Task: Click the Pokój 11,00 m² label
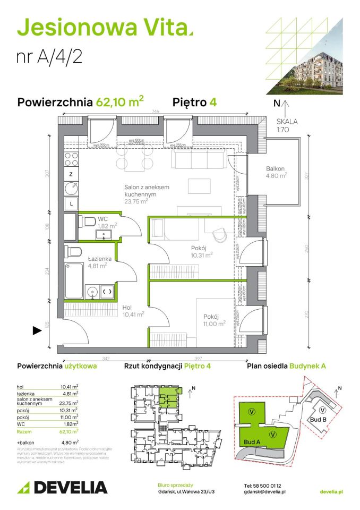[214, 320]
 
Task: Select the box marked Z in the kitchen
[71, 174]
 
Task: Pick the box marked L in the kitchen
[71, 203]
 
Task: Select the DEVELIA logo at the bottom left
[63, 487]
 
